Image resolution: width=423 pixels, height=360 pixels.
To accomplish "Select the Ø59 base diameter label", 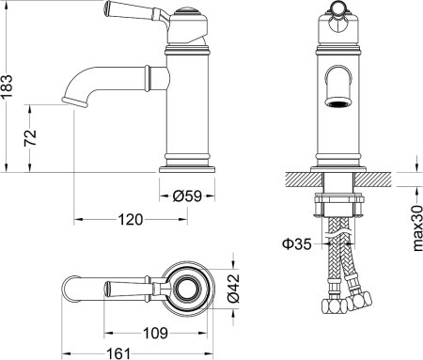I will coord(188,196).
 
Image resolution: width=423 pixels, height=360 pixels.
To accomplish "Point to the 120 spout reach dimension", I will coord(131,219).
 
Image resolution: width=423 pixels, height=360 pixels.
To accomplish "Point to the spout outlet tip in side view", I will coord(70,97).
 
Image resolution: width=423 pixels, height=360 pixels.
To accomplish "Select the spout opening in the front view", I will coord(337,103).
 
